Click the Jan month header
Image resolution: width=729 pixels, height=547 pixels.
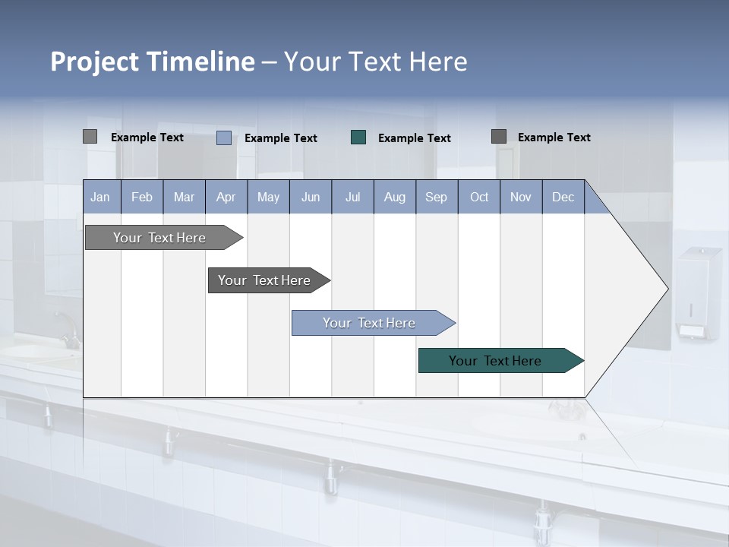click(x=101, y=197)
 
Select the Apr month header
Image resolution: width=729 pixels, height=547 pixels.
click(x=226, y=197)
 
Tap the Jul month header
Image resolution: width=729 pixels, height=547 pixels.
click(x=352, y=197)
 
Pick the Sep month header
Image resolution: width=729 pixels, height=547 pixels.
click(x=436, y=197)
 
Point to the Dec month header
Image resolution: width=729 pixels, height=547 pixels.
click(x=563, y=197)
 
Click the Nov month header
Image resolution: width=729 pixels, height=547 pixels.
click(x=520, y=197)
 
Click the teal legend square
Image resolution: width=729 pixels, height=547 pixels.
click(x=358, y=137)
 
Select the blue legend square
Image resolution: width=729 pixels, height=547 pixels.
click(x=224, y=138)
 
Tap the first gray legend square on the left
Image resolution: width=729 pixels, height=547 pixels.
click(x=90, y=137)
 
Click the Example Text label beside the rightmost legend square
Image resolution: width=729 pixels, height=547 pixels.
click(x=554, y=138)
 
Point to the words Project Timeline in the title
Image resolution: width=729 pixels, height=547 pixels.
click(x=152, y=62)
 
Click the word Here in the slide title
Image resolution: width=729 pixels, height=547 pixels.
click(x=438, y=62)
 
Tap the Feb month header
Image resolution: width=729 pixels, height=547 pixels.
click(x=142, y=197)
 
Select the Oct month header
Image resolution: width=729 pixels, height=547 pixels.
click(x=479, y=197)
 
